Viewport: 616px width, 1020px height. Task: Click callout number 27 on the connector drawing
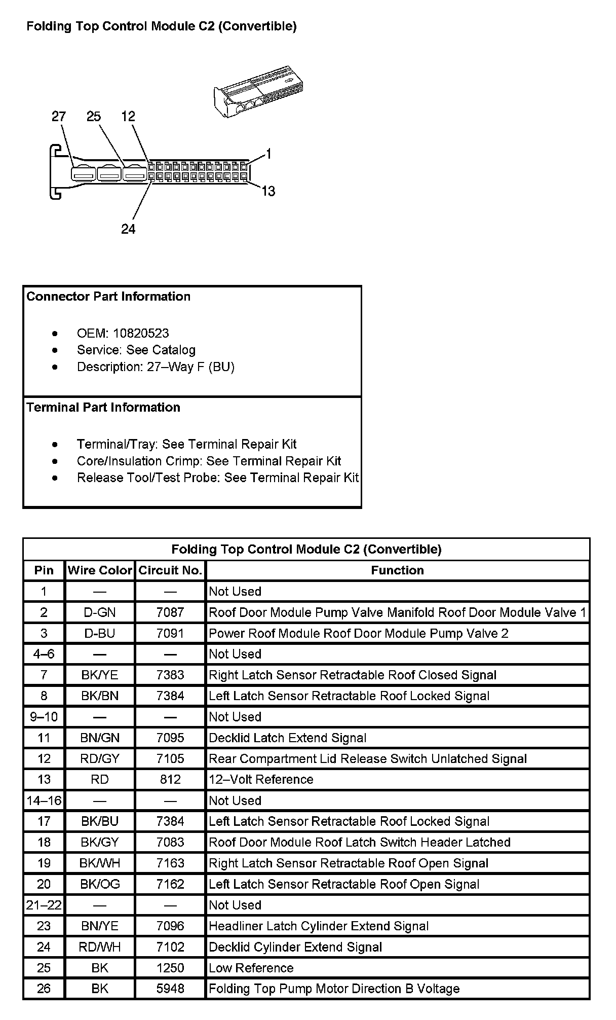tap(59, 117)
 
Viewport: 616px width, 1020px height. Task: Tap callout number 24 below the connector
tap(128, 229)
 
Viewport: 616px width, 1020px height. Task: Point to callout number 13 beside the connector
tap(268, 191)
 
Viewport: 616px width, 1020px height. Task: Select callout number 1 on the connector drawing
tap(268, 154)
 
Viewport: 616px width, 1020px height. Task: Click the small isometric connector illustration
tap(258, 90)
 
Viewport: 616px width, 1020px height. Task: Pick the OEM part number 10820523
tap(141, 333)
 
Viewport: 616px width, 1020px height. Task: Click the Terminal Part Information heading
tap(103, 407)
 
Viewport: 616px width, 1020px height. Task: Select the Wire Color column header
tap(100, 570)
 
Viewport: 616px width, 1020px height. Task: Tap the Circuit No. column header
tap(170, 570)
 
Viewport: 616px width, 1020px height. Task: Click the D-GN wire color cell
tap(100, 612)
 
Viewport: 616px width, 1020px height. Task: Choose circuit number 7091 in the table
tap(170, 633)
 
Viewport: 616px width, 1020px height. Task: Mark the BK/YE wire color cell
tap(100, 675)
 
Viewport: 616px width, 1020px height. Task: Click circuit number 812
tap(170, 779)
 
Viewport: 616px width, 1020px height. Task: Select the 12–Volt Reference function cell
tap(261, 779)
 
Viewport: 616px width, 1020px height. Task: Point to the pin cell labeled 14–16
tap(44, 800)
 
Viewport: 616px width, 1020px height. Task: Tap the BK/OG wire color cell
tap(100, 884)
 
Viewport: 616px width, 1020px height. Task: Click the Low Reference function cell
tap(251, 968)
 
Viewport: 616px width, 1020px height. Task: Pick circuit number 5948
tap(170, 989)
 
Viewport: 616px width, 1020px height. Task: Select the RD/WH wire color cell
tap(100, 947)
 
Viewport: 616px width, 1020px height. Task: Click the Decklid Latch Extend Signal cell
tap(288, 738)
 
